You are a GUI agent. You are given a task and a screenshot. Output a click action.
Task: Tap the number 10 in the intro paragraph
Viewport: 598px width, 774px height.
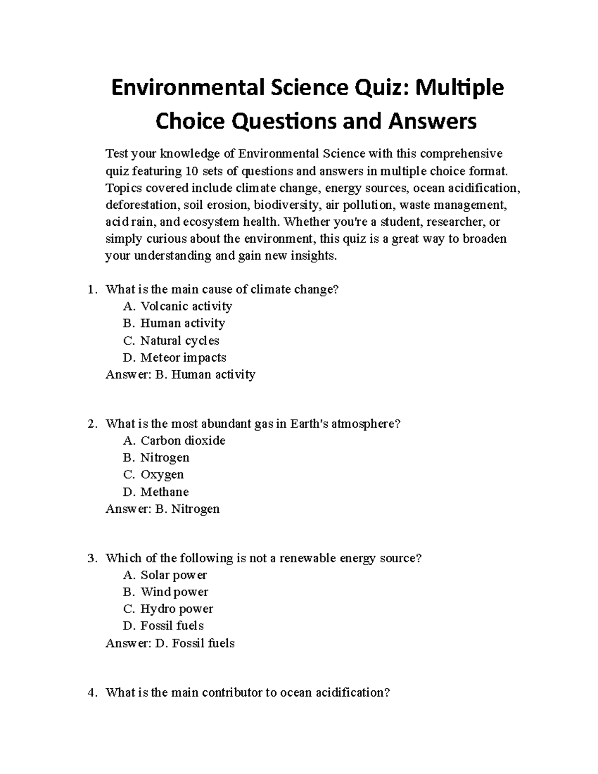191,171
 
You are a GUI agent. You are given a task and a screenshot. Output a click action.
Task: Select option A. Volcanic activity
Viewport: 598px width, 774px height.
177,306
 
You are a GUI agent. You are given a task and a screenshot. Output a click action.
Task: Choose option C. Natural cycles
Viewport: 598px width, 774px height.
171,341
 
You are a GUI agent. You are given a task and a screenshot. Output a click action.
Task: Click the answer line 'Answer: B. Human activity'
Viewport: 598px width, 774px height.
180,375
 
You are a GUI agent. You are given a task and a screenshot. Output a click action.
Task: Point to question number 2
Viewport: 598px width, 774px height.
92,424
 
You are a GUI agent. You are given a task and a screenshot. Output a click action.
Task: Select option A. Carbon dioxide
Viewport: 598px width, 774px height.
174,441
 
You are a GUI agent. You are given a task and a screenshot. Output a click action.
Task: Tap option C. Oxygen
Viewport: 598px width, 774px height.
153,474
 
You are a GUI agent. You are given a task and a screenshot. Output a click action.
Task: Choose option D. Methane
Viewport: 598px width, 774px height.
156,492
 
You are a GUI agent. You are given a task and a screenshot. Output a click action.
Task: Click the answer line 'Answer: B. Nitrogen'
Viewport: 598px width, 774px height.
162,509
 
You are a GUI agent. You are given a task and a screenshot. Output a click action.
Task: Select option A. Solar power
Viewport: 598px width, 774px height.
165,575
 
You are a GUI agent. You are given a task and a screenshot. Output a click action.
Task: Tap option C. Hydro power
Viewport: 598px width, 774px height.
168,609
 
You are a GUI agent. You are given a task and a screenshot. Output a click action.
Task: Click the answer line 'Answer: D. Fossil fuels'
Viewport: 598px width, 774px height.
170,643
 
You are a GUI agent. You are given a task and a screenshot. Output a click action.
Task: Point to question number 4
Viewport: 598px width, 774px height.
92,693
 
